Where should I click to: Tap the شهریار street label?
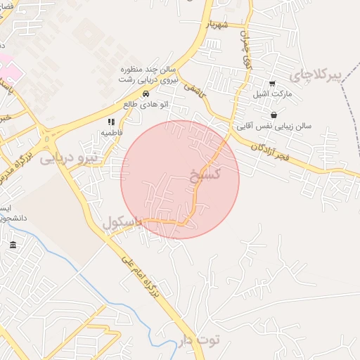218,25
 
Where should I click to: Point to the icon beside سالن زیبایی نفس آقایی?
273,115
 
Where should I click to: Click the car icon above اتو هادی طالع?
146,94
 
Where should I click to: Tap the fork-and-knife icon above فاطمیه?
110,122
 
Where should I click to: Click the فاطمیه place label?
112,132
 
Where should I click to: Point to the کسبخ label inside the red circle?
205,173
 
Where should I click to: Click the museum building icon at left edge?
13,245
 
